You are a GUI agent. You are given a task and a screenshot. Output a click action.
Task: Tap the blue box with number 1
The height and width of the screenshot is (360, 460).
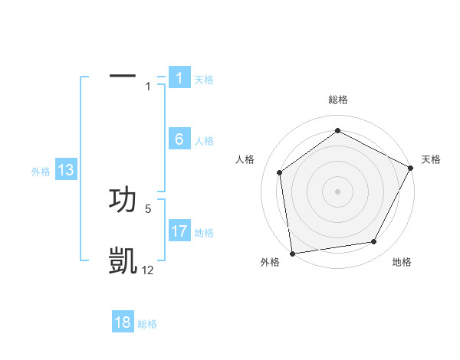tap(179, 78)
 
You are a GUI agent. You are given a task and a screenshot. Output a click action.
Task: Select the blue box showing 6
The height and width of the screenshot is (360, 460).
tap(179, 139)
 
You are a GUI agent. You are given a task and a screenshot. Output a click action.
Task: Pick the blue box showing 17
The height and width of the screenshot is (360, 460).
tap(179, 231)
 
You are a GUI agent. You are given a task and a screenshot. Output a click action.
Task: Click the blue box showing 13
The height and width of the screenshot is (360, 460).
tap(66, 171)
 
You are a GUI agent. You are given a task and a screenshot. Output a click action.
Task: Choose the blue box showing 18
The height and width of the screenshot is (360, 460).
tap(123, 322)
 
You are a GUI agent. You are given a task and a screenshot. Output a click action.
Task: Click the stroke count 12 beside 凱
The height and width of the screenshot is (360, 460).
tap(148, 270)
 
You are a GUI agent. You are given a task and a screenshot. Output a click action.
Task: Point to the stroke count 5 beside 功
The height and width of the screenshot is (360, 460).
tap(148, 208)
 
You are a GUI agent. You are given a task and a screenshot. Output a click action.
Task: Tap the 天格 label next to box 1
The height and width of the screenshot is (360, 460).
tap(204, 80)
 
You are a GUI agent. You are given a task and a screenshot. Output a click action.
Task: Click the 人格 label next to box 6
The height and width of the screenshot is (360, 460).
tap(204, 141)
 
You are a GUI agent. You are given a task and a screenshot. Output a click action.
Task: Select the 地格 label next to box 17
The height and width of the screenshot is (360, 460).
tap(204, 233)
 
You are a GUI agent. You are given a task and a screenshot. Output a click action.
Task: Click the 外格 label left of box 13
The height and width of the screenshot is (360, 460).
tap(41, 172)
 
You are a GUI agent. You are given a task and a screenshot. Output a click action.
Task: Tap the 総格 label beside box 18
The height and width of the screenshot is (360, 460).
tap(147, 324)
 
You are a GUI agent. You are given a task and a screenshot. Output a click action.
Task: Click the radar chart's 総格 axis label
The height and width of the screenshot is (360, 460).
tap(337, 100)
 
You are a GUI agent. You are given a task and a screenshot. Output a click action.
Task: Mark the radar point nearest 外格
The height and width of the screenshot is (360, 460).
tap(291, 253)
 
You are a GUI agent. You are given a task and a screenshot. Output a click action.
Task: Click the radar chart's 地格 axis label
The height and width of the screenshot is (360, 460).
tap(402, 262)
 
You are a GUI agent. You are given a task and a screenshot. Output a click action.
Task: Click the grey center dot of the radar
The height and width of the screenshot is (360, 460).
tap(337, 191)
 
